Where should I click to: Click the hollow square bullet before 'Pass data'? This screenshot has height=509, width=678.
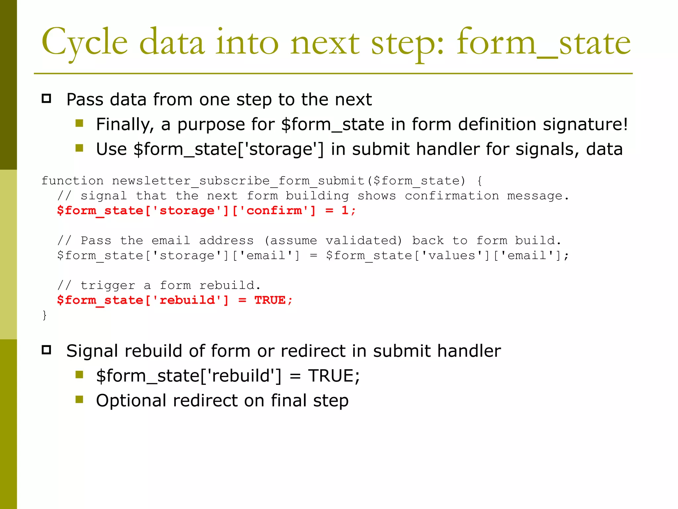[x=46, y=99]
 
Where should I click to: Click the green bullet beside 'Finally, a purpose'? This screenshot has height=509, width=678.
[x=79, y=124]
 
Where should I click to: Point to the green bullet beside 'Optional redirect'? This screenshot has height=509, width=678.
[x=79, y=400]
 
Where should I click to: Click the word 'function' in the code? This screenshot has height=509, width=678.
[x=73, y=181]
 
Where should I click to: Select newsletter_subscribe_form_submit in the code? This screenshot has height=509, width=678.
[x=238, y=181]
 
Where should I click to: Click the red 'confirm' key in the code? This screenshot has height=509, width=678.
[x=274, y=211]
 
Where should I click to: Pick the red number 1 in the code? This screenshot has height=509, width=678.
[x=345, y=211]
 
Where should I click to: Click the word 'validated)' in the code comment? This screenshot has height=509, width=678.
[x=363, y=241]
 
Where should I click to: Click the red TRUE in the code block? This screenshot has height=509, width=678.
[x=270, y=300]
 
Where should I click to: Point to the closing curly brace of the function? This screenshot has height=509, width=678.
[x=45, y=315]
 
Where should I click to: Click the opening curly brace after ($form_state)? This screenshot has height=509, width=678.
[x=480, y=181]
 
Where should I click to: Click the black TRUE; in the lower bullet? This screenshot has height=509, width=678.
[x=334, y=376]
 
